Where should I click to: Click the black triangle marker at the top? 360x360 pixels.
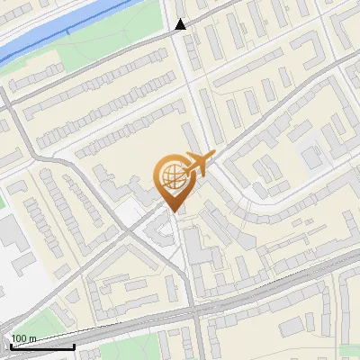coord(181,24)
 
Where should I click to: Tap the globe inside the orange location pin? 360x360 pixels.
coord(171,176)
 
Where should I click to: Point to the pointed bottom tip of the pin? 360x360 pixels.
coord(175,211)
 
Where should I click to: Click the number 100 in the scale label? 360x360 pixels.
coord(19,338)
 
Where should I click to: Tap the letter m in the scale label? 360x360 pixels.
coord(31,338)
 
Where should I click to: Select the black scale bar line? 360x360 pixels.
coord(42,346)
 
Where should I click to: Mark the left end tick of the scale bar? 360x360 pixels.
coord(10,346)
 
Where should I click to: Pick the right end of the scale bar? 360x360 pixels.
coord(75,346)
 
